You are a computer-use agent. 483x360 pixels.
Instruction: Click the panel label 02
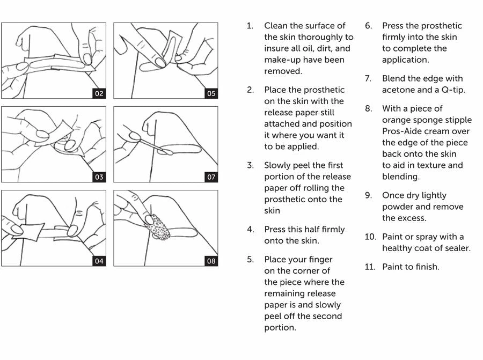click(x=99, y=93)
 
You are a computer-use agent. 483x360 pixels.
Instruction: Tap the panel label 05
click(x=211, y=93)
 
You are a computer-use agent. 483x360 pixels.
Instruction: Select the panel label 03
click(x=99, y=177)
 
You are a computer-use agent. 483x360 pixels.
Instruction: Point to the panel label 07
click(x=211, y=177)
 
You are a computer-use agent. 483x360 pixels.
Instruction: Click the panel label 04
click(x=99, y=261)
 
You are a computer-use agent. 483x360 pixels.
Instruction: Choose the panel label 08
click(x=211, y=261)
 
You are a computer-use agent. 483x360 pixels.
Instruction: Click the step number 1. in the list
click(x=250, y=26)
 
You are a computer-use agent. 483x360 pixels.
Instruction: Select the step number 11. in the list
click(x=370, y=267)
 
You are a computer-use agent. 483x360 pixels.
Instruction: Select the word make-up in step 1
click(x=283, y=60)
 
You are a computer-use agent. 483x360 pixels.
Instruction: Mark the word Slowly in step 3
click(x=277, y=165)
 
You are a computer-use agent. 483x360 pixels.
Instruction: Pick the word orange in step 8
click(x=398, y=120)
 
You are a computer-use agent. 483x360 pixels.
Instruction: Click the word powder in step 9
click(x=397, y=207)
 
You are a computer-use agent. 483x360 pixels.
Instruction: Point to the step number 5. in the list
click(x=250, y=260)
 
